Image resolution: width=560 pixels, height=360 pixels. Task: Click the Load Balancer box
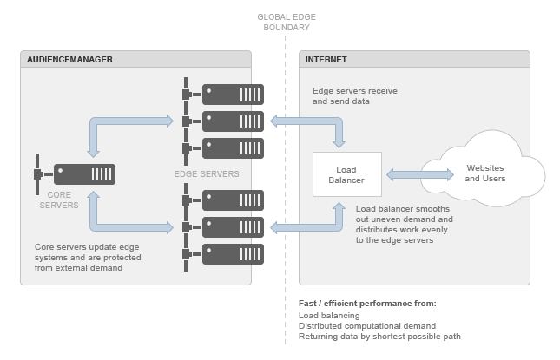346,174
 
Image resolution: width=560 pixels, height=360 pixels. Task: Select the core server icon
84,173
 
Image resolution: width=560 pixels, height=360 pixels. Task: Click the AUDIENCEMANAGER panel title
69,60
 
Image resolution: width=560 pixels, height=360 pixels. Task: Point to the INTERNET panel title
326,60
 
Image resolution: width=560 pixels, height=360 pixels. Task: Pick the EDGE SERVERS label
207,175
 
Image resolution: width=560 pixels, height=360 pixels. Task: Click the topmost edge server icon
232,94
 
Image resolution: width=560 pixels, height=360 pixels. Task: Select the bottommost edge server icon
232,254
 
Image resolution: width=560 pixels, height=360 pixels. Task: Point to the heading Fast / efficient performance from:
366,304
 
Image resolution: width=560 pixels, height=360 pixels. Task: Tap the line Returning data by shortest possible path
379,337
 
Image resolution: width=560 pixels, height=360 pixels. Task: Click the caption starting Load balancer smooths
405,225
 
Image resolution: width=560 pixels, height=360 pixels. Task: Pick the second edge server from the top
232,121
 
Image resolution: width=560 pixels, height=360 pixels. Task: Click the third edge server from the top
232,147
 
